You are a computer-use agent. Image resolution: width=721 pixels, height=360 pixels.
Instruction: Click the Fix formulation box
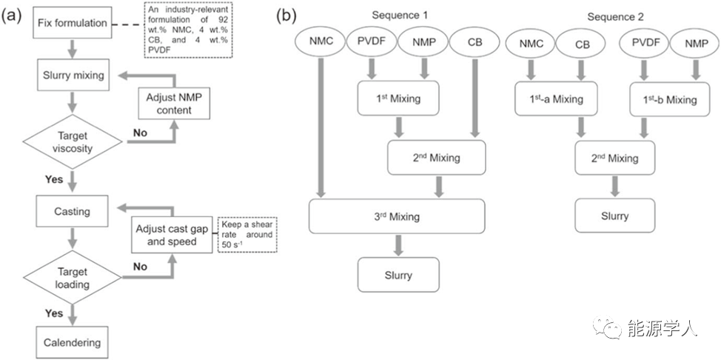pos(72,24)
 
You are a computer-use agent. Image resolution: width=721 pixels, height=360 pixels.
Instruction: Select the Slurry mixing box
pos(72,74)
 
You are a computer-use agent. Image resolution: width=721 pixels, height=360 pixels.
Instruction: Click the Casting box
pos(72,211)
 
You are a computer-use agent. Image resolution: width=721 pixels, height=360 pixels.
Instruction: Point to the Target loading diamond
pos(72,276)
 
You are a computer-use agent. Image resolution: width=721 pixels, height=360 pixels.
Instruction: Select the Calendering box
pos(72,344)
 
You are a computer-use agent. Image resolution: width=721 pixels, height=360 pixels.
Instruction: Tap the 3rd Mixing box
pos(397,217)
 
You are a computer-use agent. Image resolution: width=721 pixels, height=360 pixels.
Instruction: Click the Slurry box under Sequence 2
pos(614,216)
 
